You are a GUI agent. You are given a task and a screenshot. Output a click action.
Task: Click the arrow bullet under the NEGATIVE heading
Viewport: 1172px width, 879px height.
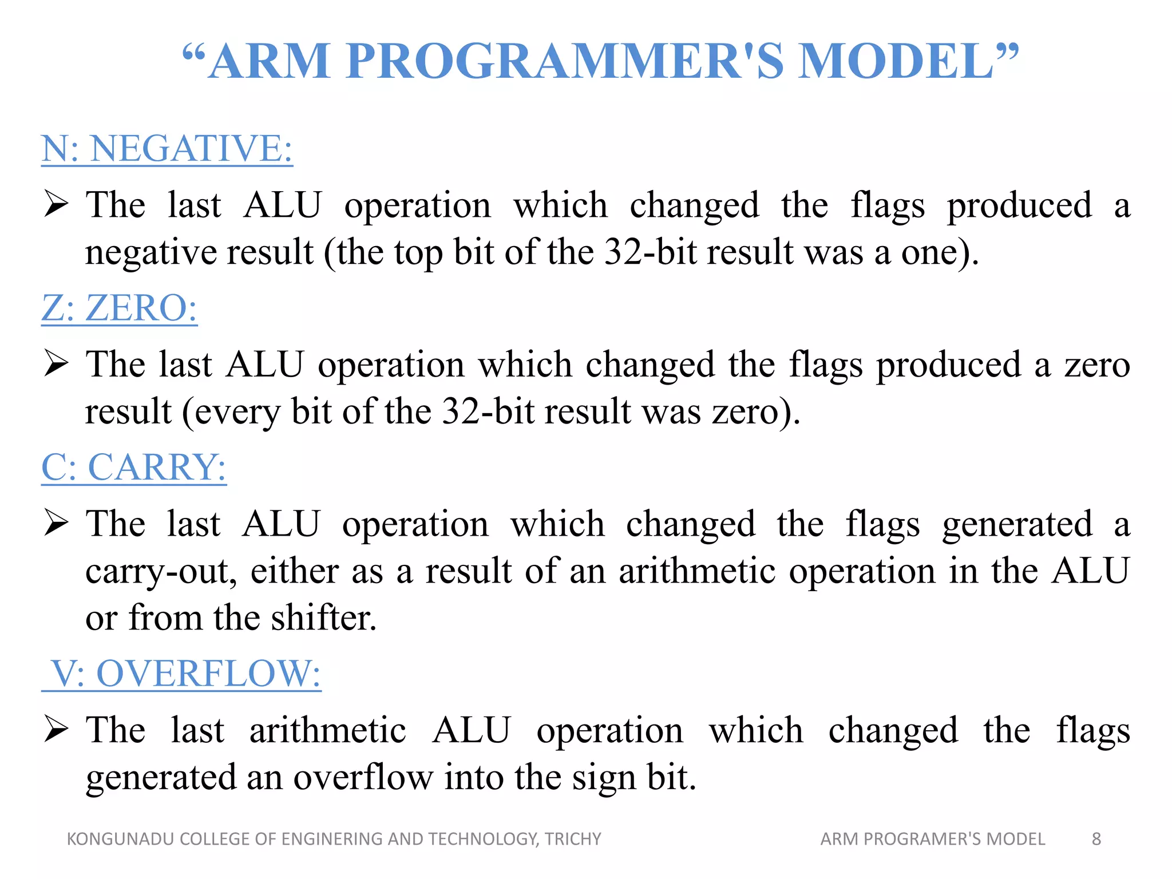coord(56,204)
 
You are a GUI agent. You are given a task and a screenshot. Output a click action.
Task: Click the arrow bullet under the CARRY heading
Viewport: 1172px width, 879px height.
coord(56,523)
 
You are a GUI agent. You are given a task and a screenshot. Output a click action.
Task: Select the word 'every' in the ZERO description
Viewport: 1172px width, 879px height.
coord(237,411)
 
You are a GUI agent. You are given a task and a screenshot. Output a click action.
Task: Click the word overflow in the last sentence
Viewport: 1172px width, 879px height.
coord(363,778)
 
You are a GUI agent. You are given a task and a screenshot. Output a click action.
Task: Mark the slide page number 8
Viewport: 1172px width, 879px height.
coord(1096,839)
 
